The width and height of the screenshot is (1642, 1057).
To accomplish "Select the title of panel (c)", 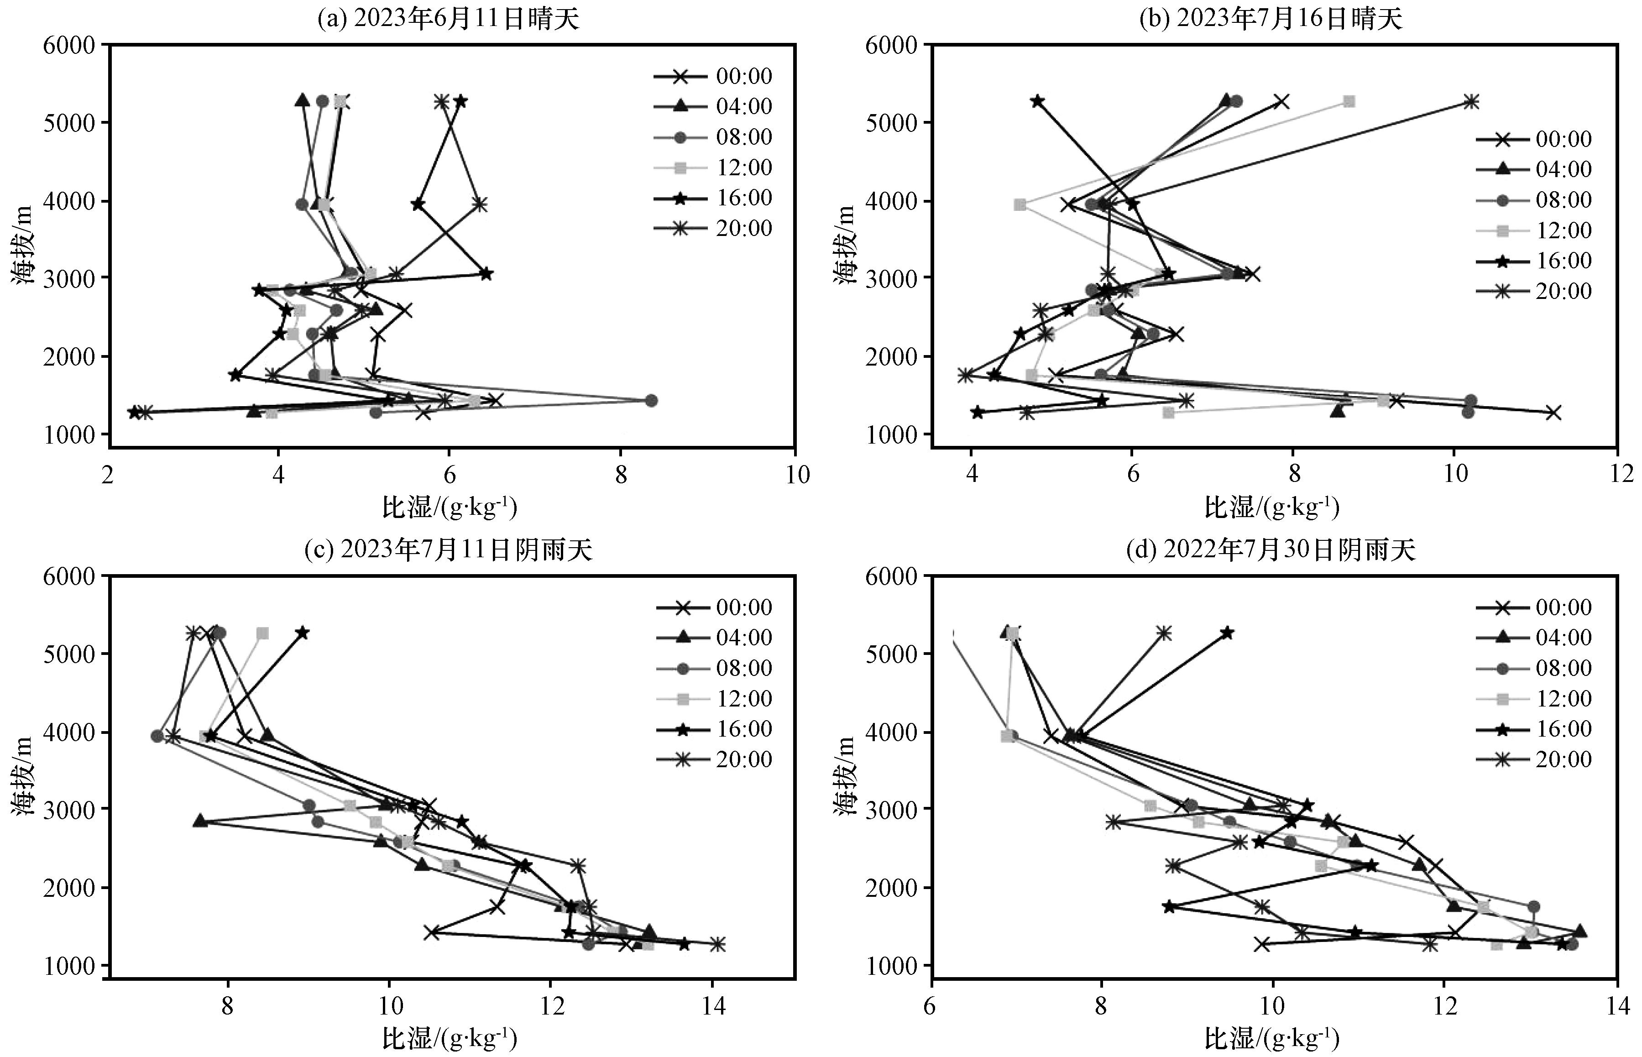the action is pos(449,550).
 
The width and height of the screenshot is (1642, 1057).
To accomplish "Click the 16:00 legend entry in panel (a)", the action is pos(714,198).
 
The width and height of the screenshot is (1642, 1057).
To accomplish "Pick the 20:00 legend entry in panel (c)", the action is pos(714,759).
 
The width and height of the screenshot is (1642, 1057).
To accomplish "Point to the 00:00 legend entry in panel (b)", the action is pos(1534,139).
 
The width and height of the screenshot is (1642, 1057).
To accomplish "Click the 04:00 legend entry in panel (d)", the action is pos(1534,638).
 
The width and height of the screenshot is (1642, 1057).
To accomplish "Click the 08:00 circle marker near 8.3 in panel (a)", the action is pos(651,401).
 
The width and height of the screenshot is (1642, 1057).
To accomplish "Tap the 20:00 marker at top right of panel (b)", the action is pos(1470,102).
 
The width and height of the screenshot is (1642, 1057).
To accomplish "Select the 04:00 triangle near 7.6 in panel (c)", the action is pos(200,821).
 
